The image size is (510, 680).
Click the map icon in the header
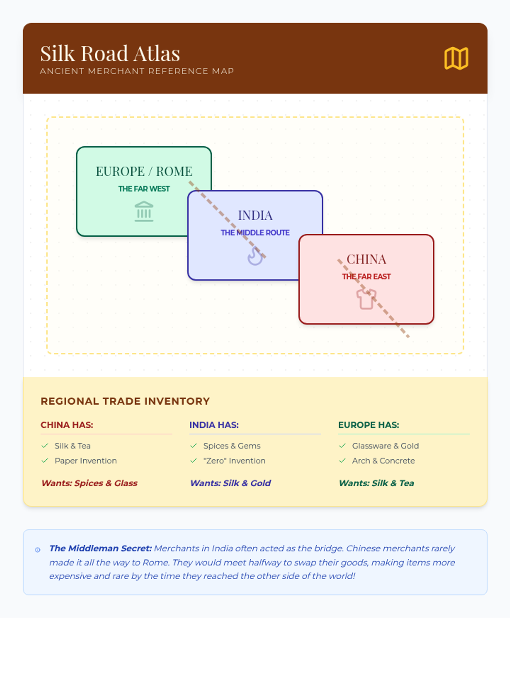click(x=456, y=58)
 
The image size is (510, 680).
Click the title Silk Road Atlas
click(x=110, y=54)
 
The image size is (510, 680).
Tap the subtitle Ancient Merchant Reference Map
click(x=137, y=71)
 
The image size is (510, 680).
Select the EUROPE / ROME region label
click(x=144, y=171)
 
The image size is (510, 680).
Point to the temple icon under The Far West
click(x=144, y=211)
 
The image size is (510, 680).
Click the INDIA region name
click(x=255, y=215)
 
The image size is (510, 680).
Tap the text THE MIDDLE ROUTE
click(x=255, y=232)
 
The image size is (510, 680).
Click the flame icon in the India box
click(x=255, y=256)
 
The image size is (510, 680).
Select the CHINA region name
click(x=366, y=259)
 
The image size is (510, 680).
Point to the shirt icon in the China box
click(x=366, y=299)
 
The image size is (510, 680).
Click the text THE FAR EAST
click(x=366, y=277)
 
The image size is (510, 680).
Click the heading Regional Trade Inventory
click(x=125, y=401)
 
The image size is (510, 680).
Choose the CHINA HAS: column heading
click(x=67, y=425)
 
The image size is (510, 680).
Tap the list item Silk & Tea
click(x=73, y=446)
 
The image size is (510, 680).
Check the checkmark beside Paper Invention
click(x=45, y=461)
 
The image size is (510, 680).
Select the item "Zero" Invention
click(x=234, y=461)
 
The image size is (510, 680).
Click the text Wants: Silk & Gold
click(x=230, y=483)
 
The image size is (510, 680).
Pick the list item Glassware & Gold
click(x=385, y=446)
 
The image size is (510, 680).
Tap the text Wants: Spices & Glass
click(x=89, y=483)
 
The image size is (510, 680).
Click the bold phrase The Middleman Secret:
click(x=100, y=548)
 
